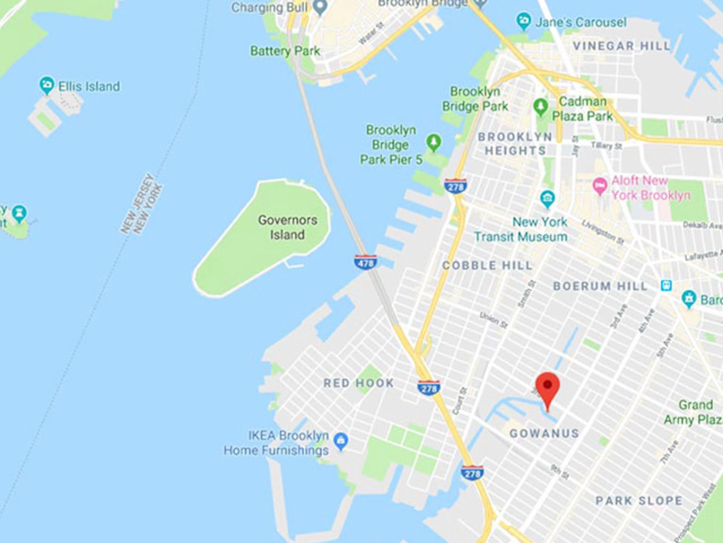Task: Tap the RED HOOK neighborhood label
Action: tap(358, 383)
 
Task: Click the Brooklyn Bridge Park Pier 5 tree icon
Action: tap(434, 142)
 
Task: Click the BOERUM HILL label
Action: tap(600, 287)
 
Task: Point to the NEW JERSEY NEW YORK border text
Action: tap(142, 204)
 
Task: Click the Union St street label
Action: tap(493, 320)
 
